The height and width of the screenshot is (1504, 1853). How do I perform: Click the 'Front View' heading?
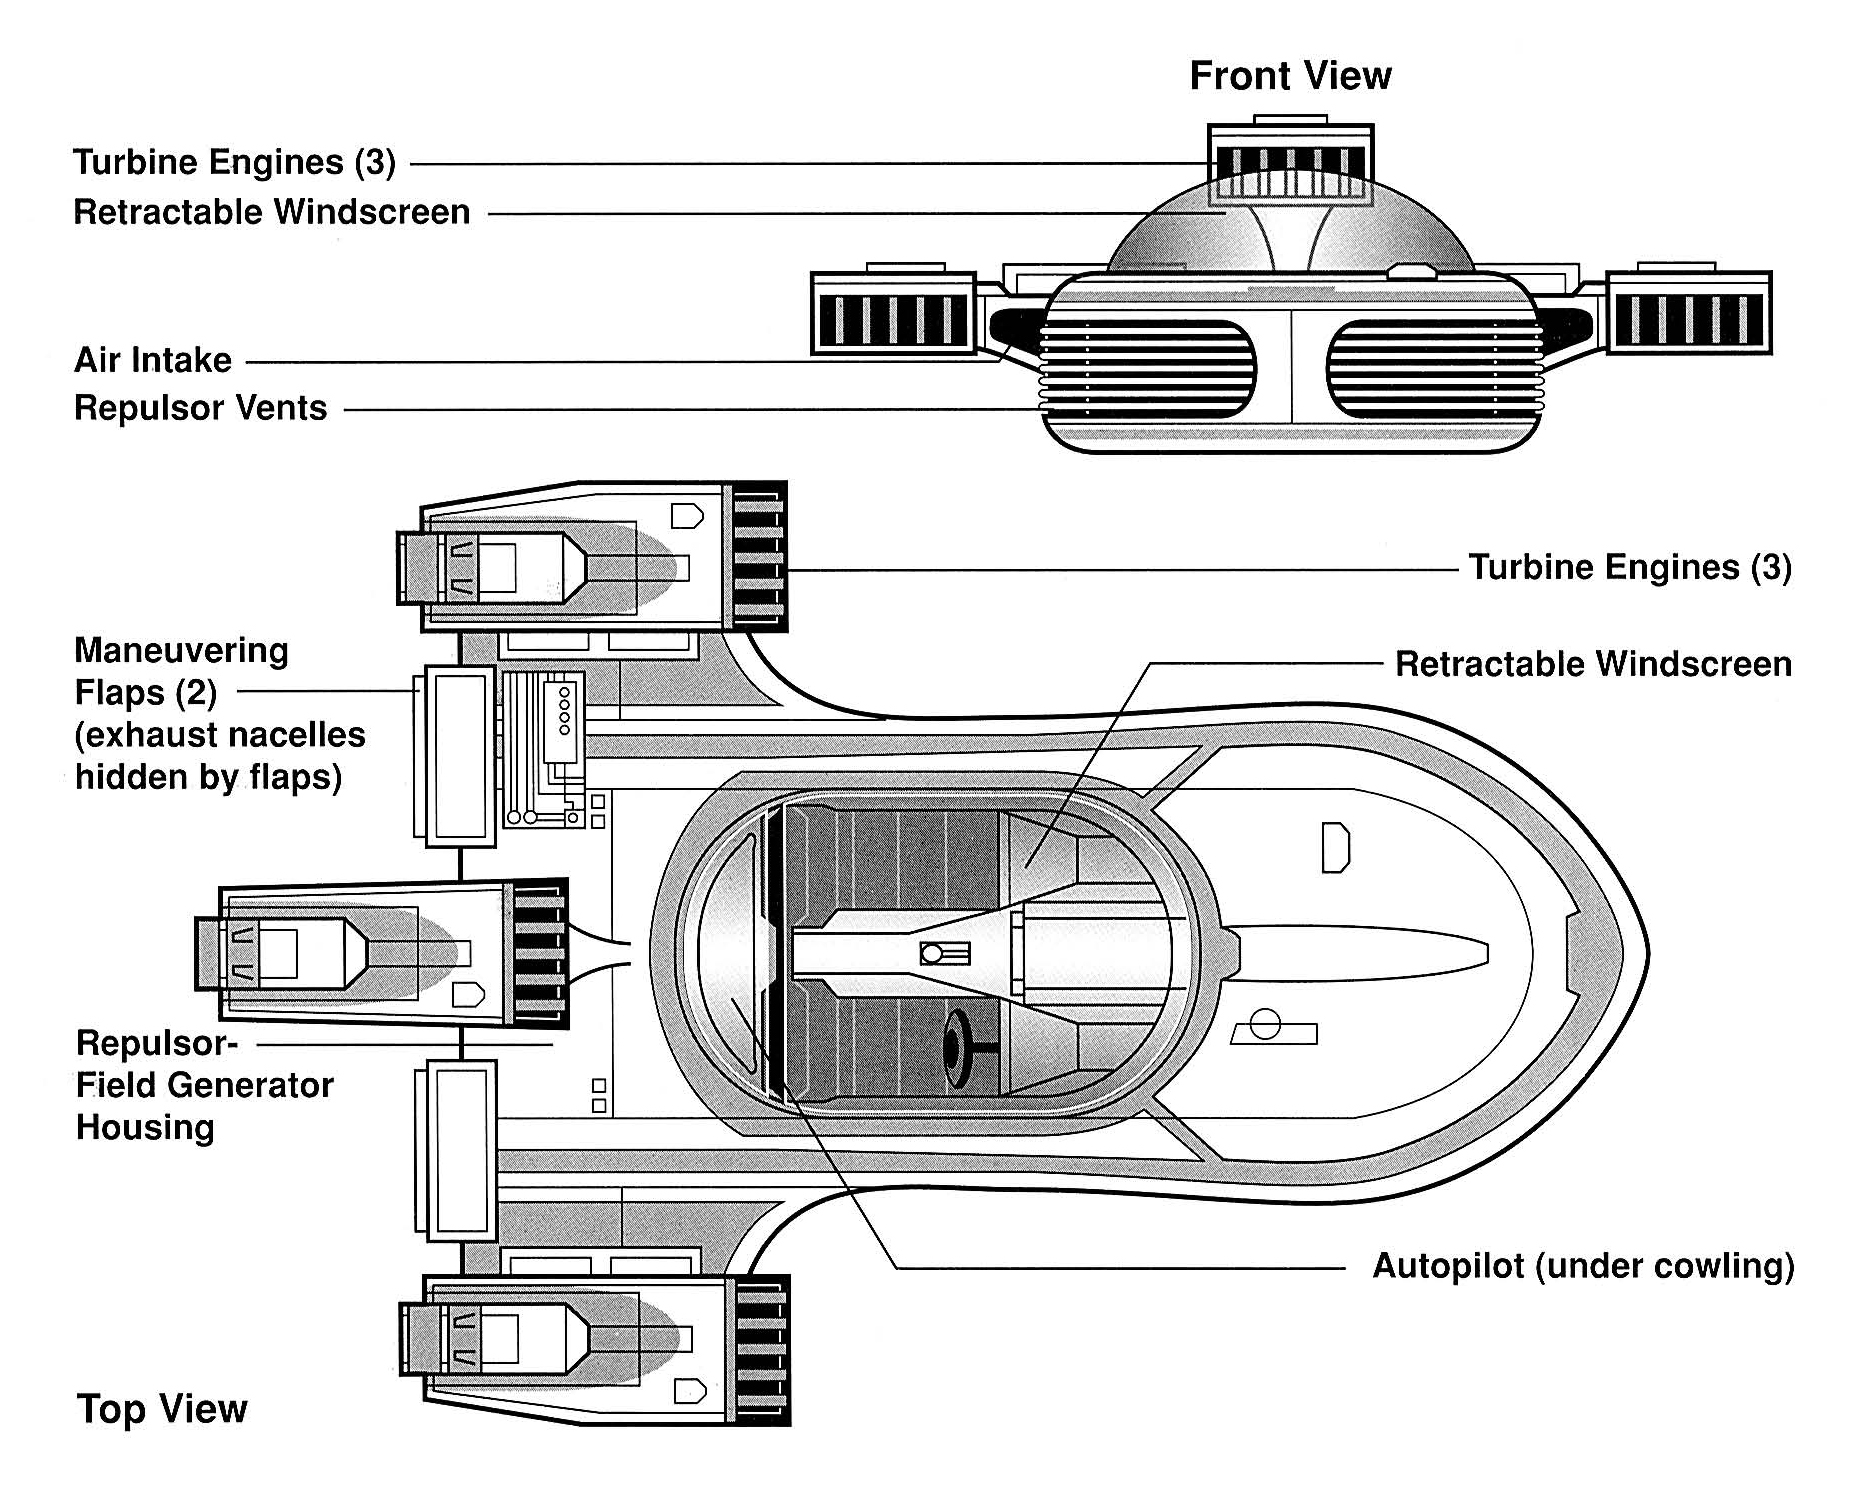pyautogui.click(x=1290, y=76)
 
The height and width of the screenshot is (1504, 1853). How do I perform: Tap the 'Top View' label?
pyautogui.click(x=162, y=1409)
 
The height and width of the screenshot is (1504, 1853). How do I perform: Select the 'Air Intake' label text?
pyautogui.click(x=153, y=360)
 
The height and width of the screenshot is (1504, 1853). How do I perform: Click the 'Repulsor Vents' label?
pyautogui.click(x=201, y=408)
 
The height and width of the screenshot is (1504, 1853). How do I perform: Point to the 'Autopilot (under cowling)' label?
pyautogui.click(x=1583, y=1266)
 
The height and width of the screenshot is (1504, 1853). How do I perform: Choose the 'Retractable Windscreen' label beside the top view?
pyautogui.click(x=1593, y=664)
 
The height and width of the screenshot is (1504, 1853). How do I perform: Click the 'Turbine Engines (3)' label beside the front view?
pyautogui.click(x=234, y=162)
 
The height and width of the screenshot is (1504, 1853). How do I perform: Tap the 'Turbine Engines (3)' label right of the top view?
pyautogui.click(x=1630, y=567)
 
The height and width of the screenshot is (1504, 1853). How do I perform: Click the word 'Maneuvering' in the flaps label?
pyautogui.click(x=182, y=651)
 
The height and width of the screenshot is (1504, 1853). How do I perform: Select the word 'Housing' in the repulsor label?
pyautogui.click(x=146, y=1127)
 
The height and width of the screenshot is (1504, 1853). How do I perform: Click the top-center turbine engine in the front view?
pyautogui.click(x=1290, y=162)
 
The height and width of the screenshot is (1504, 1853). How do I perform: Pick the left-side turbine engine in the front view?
pyautogui.click(x=893, y=314)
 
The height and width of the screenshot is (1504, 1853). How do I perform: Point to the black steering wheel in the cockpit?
pyautogui.click(x=959, y=1049)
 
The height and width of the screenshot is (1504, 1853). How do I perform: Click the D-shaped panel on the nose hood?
pyautogui.click(x=1335, y=847)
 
